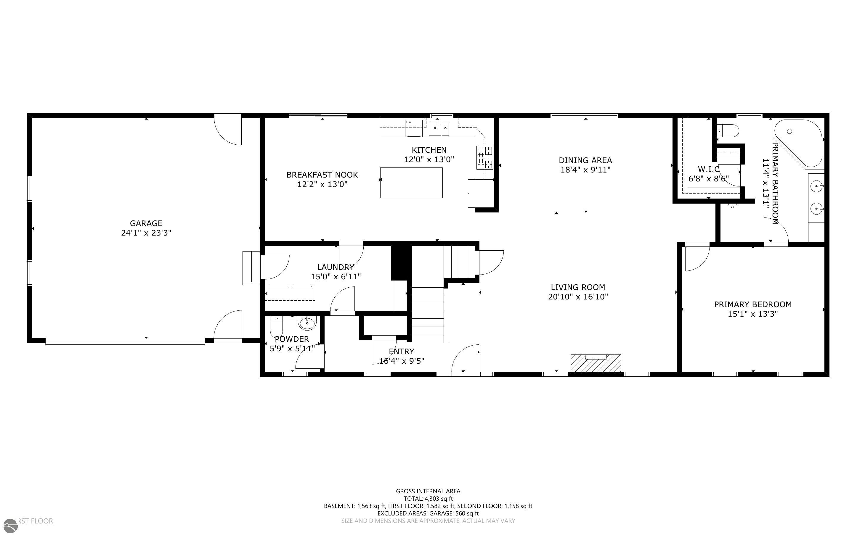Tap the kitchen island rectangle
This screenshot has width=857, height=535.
(411, 183)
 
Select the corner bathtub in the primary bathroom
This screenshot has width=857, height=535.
(798, 143)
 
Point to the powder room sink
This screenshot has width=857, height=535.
(307, 323)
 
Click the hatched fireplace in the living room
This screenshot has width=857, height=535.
(596, 363)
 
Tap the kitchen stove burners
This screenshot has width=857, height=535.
(484, 157)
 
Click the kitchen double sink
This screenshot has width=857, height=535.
(439, 128)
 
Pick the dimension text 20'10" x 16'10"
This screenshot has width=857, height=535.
(578, 297)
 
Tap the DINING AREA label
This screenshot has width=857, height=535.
(585, 160)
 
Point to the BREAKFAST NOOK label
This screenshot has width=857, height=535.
(322, 175)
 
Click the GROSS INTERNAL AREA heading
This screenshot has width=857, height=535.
(428, 491)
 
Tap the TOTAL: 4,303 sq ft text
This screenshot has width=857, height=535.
(428, 499)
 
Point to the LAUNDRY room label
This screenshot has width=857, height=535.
(335, 267)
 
